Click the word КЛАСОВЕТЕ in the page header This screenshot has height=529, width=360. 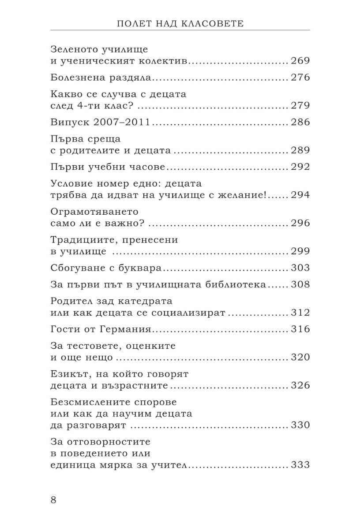coord(214,23)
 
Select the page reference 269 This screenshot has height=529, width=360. coord(300,61)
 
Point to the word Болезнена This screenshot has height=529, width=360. coord(76,78)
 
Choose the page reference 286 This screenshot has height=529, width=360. coord(300,123)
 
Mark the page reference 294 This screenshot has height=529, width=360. coord(300,195)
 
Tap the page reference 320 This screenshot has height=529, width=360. coord(300,358)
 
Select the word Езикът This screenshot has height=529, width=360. coord(67,374)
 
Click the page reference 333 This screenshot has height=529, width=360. coord(300,465)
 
